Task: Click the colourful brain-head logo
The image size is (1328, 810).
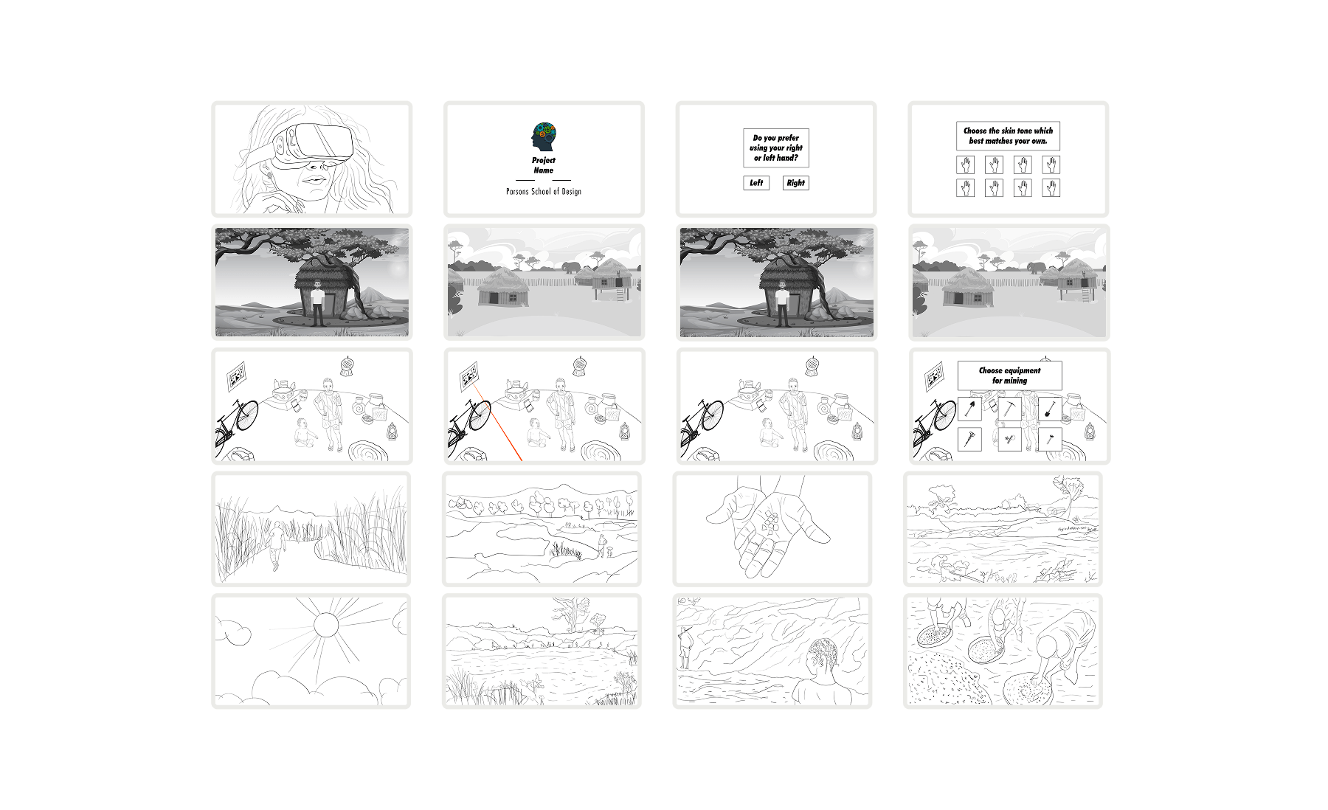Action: [544, 137]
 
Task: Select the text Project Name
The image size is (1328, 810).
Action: [544, 165]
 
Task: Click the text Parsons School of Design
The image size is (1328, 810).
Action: [544, 192]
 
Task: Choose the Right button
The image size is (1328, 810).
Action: [795, 183]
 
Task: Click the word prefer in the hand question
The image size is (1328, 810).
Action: [787, 138]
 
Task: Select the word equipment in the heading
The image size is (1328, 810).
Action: [1020, 370]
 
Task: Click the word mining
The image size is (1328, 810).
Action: [1015, 381]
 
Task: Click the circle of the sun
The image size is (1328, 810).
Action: [325, 625]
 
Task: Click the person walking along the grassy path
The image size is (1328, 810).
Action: [276, 544]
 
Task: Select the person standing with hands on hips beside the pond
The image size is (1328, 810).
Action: [602, 546]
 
